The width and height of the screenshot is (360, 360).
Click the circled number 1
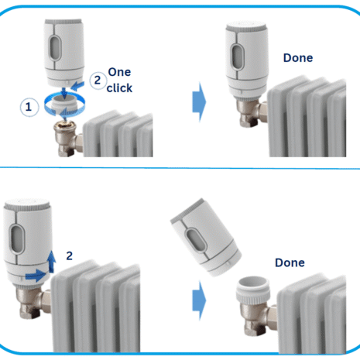[29, 107]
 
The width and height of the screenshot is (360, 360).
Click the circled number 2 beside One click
[97, 78]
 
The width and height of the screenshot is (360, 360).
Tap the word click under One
[119, 87]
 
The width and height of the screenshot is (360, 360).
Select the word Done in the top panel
[298, 57]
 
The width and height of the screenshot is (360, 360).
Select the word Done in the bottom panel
[289, 262]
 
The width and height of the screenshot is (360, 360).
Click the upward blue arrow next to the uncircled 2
[52, 259]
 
